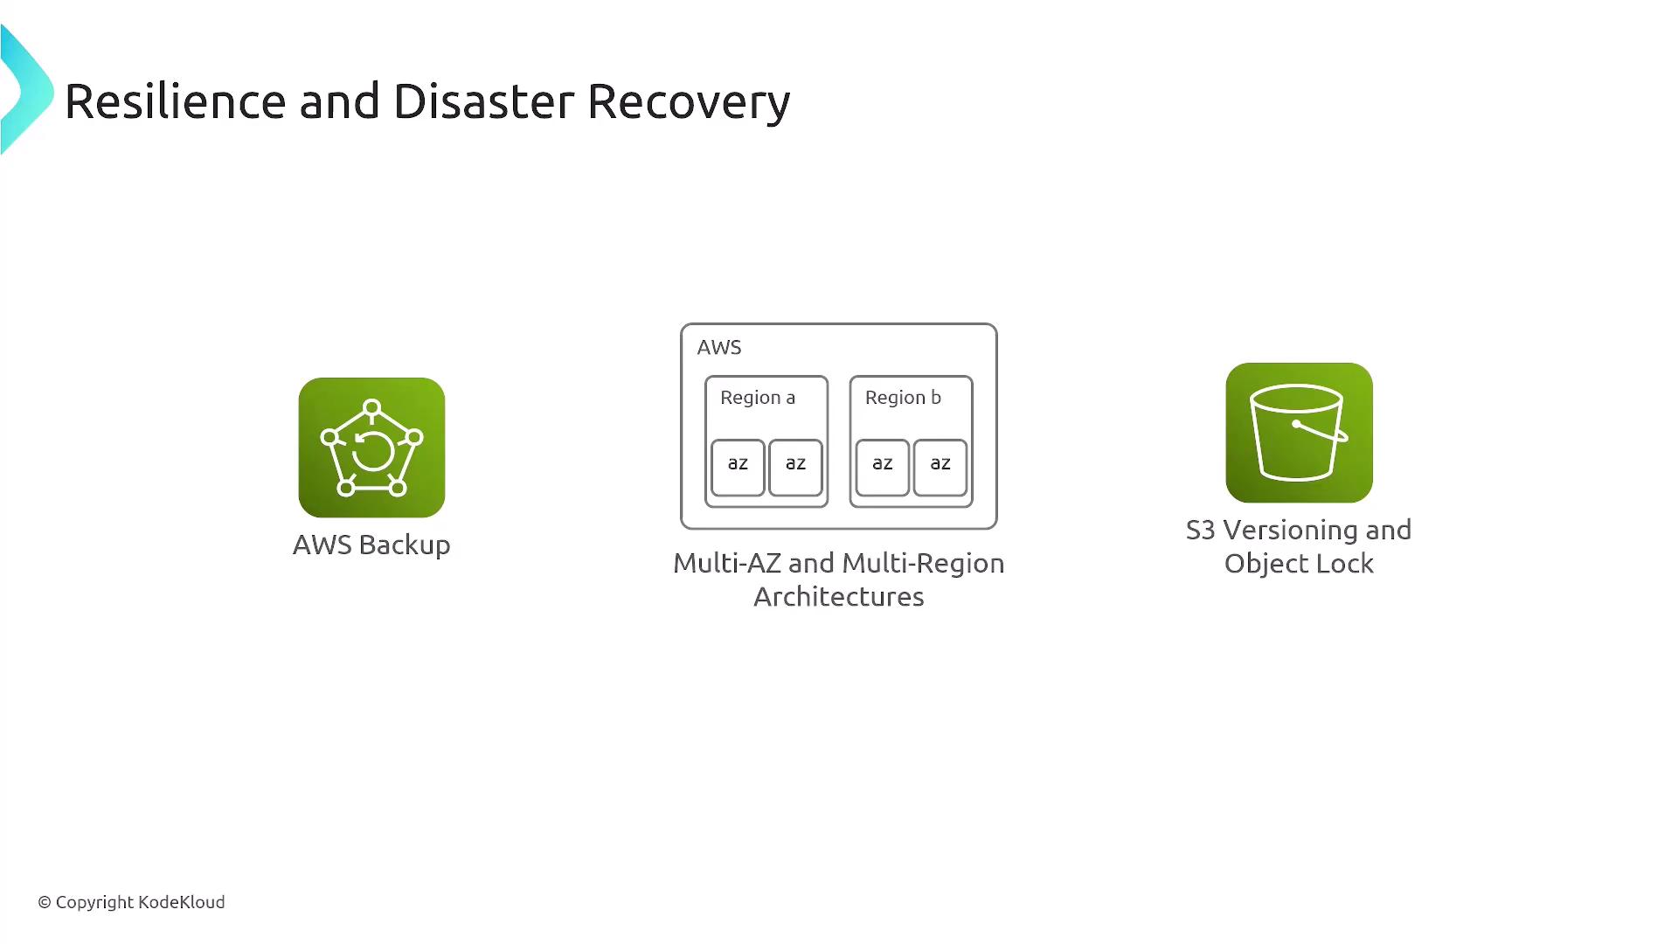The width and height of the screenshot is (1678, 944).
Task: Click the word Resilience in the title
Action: [176, 101]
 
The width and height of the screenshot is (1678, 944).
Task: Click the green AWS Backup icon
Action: [371, 448]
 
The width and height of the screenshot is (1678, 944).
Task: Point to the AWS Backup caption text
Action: [371, 545]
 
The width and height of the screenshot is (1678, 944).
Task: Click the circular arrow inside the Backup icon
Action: [372, 451]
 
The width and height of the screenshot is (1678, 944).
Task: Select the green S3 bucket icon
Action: [1299, 433]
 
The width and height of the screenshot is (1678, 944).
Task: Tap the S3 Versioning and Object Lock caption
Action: [1299, 546]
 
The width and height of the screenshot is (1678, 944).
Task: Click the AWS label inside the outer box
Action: [719, 347]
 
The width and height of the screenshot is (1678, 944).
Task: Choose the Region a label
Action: [758, 398]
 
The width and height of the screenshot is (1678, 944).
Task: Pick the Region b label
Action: [903, 398]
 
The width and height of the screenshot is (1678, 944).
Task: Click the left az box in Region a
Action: [738, 468]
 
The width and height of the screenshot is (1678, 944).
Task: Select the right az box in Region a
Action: [795, 468]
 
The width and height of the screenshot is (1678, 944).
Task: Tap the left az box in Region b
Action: [883, 468]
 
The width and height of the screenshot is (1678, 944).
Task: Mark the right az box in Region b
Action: [940, 468]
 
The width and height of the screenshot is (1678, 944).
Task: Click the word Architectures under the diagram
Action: [839, 596]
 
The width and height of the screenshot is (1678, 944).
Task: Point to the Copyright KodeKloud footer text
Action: [131, 902]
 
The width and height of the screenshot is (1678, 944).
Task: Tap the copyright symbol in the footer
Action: [45, 902]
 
